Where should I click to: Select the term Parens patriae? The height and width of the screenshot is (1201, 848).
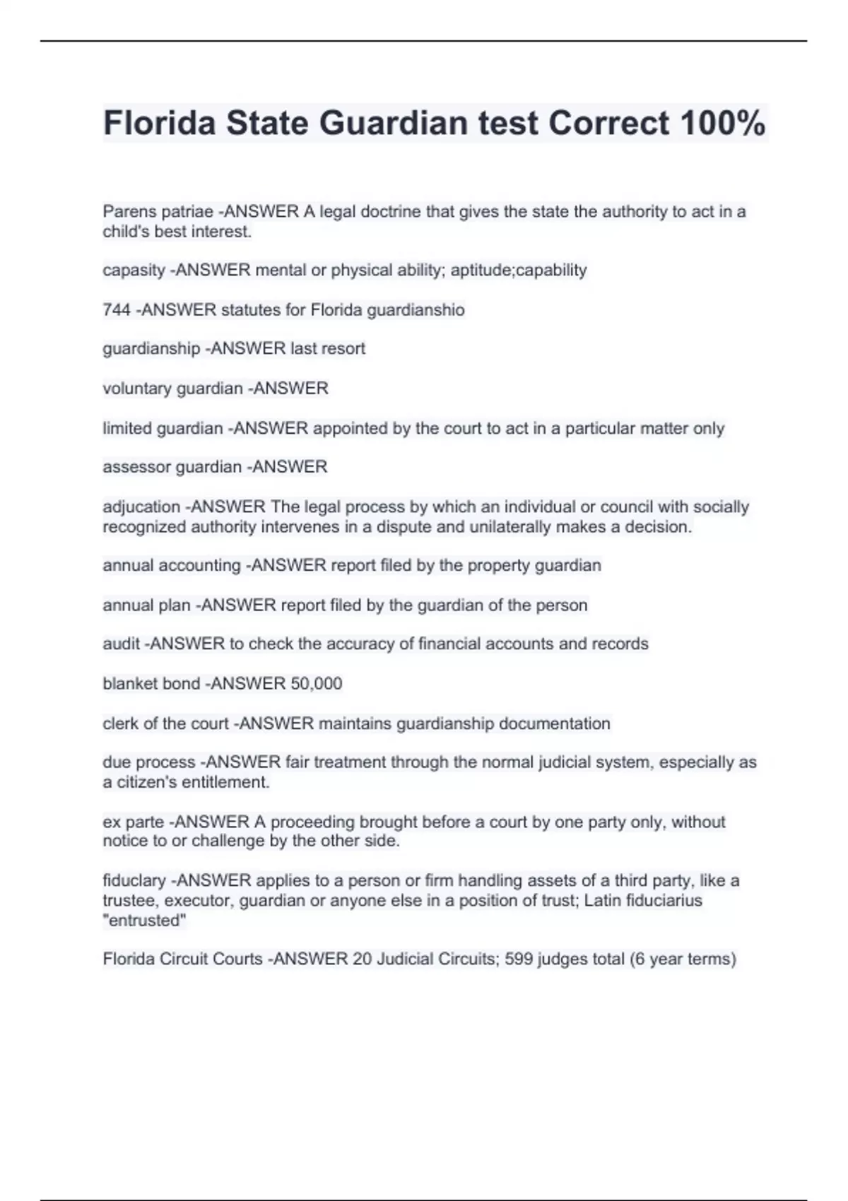(158, 211)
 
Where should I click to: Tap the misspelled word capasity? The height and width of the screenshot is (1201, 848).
(134, 271)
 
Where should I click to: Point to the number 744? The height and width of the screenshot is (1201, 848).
(117, 309)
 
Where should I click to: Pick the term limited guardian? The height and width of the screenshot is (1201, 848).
(163, 428)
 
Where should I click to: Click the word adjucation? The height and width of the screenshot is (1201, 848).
(141, 507)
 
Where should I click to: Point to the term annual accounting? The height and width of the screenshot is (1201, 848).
(172, 565)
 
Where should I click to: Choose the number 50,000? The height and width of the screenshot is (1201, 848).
(316, 683)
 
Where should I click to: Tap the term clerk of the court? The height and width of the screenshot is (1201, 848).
(165, 723)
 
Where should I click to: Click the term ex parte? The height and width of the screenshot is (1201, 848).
(134, 822)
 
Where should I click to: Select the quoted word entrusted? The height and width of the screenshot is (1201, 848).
(145, 920)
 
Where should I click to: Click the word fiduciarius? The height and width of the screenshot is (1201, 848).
(661, 900)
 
